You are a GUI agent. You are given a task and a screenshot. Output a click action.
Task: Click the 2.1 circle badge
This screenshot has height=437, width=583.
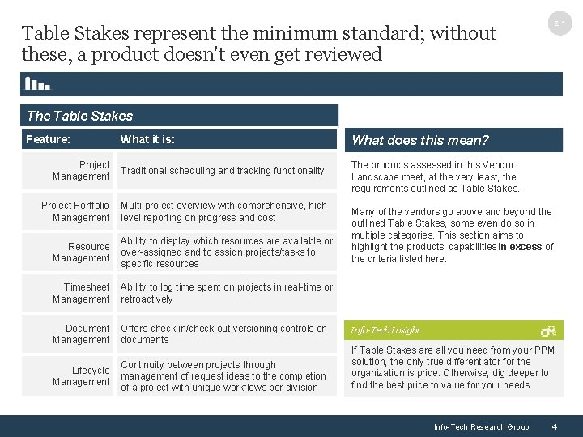coord(560,24)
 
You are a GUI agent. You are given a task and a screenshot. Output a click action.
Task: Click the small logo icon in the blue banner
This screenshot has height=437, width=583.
coord(38,83)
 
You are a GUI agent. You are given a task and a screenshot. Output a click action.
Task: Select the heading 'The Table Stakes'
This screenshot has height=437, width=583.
coord(79,116)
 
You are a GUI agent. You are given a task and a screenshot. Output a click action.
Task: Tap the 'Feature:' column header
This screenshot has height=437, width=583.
coord(48,139)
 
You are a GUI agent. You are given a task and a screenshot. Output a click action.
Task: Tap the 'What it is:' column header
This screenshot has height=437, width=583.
coord(147,139)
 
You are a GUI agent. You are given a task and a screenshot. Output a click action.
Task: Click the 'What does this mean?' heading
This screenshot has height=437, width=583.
coord(420,140)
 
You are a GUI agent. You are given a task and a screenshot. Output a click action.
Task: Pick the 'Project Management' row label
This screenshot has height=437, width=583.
coord(81,171)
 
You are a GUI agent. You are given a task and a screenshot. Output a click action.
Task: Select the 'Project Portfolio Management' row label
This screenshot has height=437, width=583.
coord(75,211)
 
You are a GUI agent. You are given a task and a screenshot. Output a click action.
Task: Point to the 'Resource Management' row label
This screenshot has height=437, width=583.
coord(81,252)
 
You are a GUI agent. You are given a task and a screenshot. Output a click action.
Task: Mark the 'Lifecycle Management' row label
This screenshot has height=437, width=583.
coord(81,376)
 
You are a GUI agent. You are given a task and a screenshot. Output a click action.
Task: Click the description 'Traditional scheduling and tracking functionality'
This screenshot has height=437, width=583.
coord(222,171)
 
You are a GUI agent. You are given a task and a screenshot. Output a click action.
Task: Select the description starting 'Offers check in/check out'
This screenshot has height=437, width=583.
coord(223,334)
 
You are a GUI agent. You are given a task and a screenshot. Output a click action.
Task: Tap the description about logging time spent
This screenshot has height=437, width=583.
coord(226,293)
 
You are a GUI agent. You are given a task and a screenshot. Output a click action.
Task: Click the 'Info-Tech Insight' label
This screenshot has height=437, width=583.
coord(385,330)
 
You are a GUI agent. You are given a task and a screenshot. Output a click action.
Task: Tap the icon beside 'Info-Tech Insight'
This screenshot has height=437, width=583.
coord(548,330)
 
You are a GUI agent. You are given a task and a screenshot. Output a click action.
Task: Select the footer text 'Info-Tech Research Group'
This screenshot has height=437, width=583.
coord(481,427)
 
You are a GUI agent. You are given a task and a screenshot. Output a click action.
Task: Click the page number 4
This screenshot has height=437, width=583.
coord(554,426)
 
